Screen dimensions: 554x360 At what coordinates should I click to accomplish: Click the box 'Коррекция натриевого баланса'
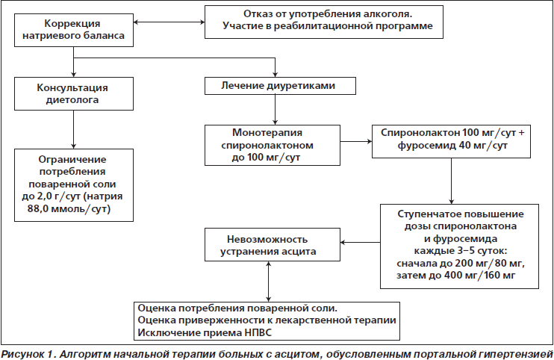[74, 31]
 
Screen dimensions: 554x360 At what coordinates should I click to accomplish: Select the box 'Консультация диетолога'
[74, 93]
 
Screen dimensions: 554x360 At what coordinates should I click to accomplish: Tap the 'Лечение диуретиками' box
[280, 86]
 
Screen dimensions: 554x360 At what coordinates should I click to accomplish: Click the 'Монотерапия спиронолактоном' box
[273, 145]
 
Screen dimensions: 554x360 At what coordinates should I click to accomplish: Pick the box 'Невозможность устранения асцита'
[273, 245]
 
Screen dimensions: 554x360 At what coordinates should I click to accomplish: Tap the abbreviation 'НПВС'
[258, 333]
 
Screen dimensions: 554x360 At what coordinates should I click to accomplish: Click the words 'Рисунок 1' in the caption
[28, 353]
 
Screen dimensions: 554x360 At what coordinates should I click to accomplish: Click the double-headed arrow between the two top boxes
[169, 22]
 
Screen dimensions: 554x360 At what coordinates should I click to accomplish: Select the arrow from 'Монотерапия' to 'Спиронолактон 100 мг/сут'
[356, 142]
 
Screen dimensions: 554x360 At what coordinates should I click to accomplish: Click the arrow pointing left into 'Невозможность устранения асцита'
[361, 242]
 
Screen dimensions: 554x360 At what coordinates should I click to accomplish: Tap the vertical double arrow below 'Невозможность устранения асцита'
[269, 282]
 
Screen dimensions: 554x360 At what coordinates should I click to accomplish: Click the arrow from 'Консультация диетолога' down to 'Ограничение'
[73, 129]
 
